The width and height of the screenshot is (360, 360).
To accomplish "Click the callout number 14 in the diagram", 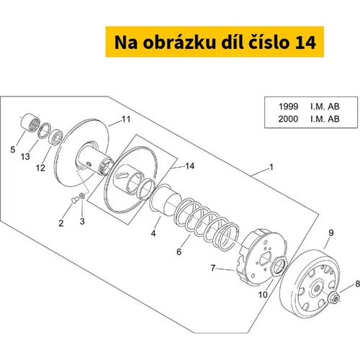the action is [x=190, y=166].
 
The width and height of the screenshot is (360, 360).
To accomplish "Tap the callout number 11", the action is [x=126, y=119].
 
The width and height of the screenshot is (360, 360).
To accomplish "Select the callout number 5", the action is [x=13, y=150].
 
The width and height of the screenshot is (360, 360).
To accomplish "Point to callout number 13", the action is [x=25, y=157].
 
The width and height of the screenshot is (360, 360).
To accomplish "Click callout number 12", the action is [x=40, y=168].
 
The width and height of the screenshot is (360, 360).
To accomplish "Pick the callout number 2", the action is [x=61, y=223].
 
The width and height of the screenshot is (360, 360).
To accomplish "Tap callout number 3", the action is [x=82, y=221].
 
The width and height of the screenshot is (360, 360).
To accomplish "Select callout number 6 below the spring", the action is [x=179, y=252].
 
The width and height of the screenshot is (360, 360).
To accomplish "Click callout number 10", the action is [x=263, y=294].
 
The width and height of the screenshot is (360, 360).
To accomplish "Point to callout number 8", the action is [x=357, y=284].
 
